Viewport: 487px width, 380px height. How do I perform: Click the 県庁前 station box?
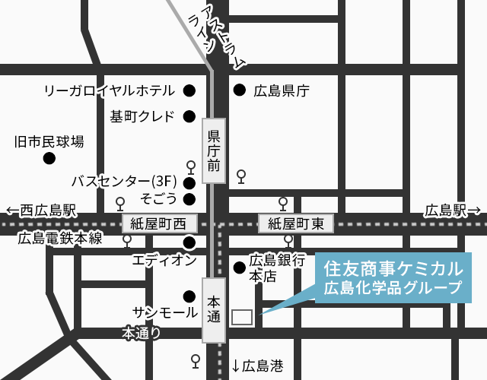215,150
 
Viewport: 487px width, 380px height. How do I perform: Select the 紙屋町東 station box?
296,223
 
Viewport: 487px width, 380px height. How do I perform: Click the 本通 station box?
214,310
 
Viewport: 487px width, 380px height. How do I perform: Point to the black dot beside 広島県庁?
239,90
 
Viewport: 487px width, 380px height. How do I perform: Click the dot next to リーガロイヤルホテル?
189,90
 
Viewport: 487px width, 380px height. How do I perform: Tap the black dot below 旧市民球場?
49,159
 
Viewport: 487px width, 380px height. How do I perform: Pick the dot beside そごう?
189,199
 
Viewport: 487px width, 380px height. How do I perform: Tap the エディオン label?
164,260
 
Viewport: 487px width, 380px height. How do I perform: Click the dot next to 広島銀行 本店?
239,268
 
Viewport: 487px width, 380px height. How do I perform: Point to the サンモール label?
165,312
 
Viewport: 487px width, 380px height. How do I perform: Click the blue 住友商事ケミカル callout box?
393,277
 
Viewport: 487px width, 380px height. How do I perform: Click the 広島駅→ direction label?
453,210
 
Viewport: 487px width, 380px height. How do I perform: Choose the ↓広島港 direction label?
257,366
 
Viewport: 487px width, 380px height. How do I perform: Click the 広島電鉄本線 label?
60,238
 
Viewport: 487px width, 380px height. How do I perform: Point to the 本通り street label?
142,333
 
